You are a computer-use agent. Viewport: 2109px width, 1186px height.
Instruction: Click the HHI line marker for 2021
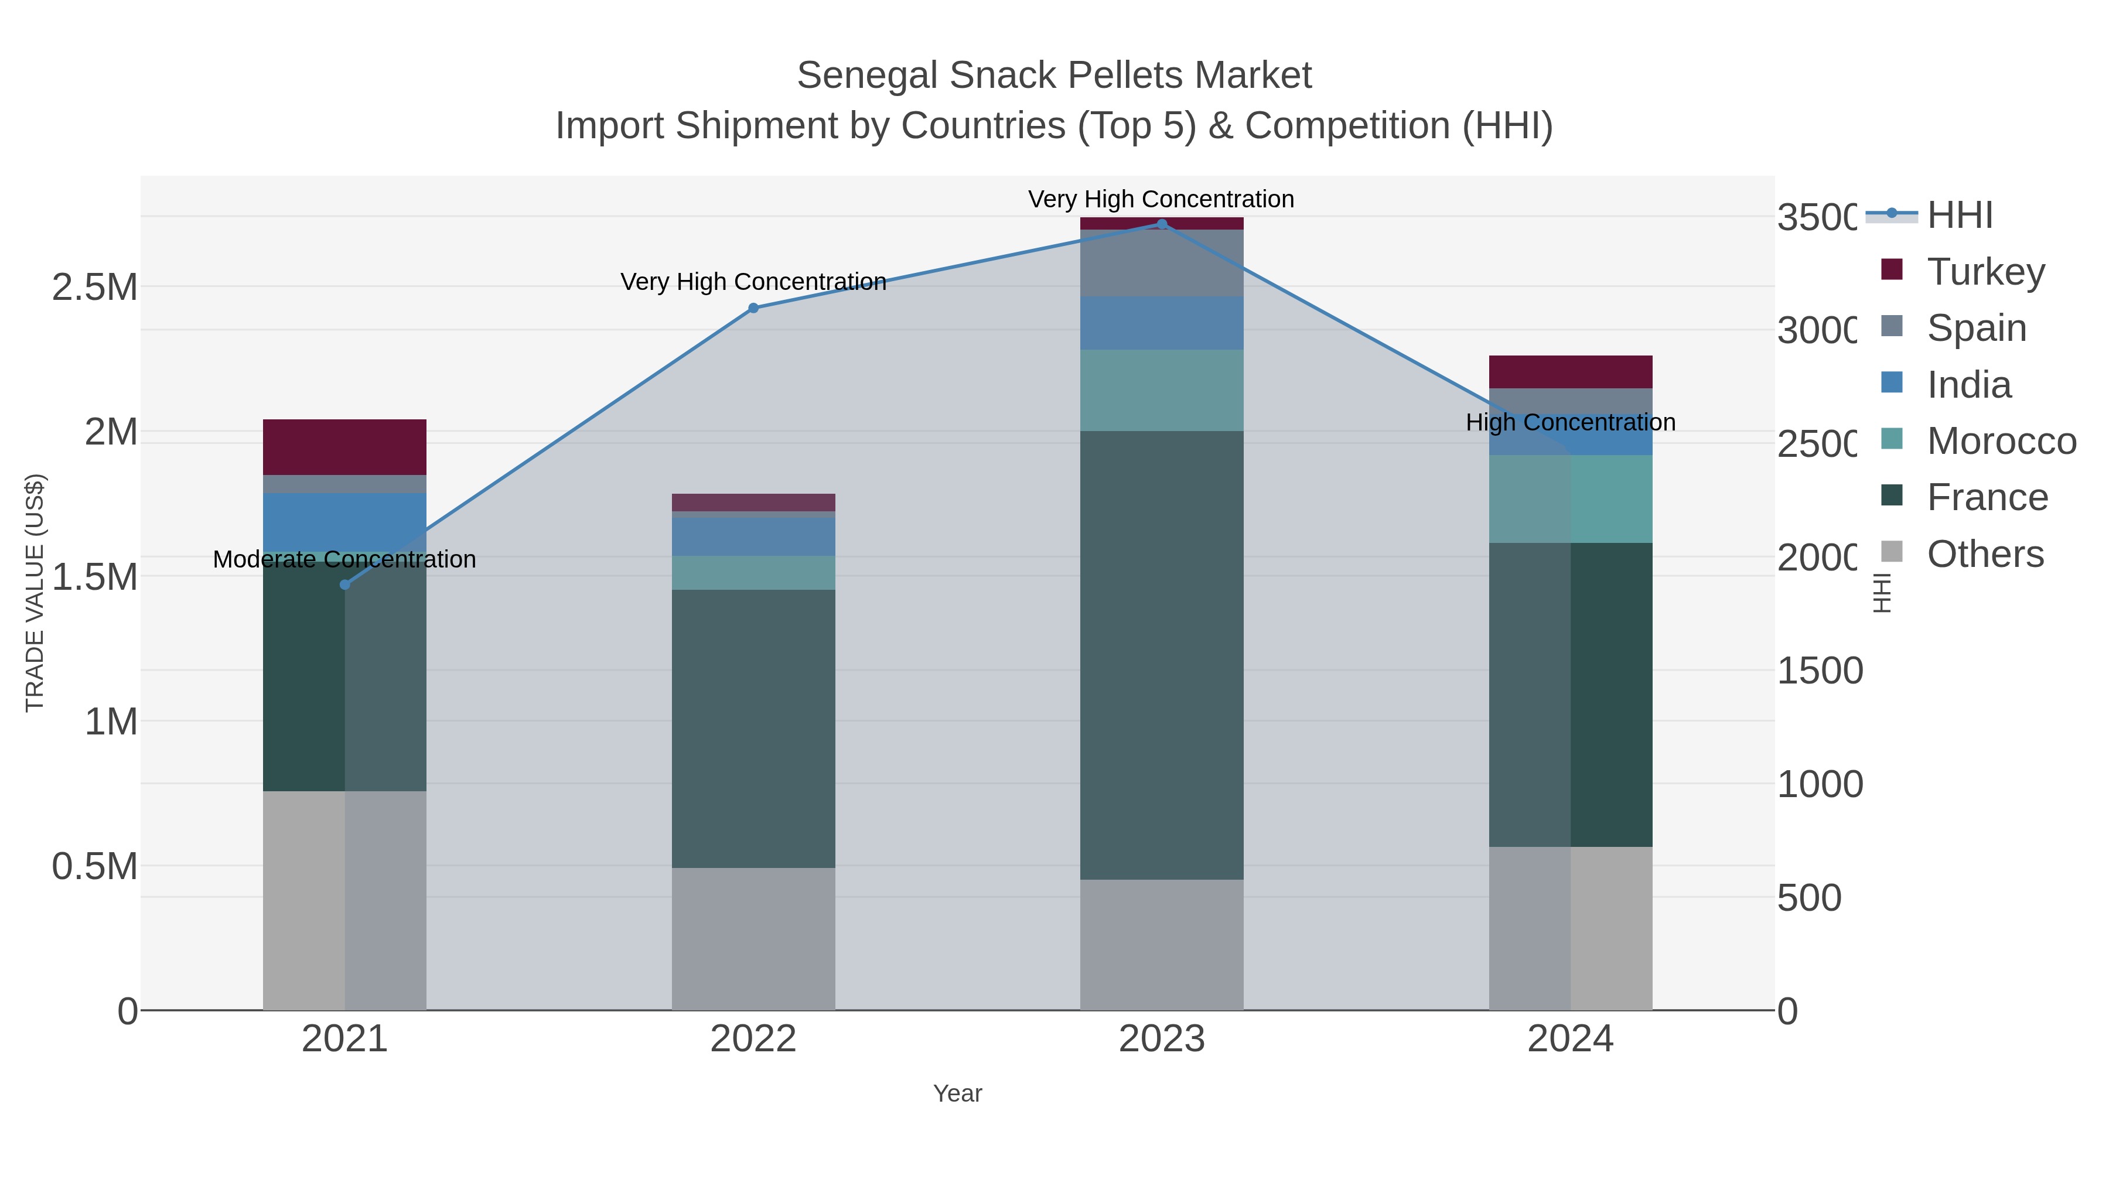point(344,585)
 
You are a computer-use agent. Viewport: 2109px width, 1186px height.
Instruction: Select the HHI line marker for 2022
point(753,307)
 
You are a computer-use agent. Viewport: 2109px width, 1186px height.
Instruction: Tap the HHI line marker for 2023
point(1162,224)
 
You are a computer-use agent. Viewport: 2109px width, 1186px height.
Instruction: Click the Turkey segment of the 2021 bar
point(344,447)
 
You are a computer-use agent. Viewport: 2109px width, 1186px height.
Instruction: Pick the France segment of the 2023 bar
point(1162,655)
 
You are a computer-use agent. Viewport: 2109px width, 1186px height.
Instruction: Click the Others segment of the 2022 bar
point(753,938)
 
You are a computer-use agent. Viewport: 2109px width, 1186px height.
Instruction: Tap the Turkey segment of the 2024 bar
point(1570,371)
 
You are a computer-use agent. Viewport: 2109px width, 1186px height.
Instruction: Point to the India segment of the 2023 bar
point(1162,323)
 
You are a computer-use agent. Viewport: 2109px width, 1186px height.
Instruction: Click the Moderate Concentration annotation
point(344,559)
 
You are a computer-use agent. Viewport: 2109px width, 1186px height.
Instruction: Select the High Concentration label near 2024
point(1570,422)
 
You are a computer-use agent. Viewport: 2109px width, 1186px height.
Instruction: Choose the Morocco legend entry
point(2001,441)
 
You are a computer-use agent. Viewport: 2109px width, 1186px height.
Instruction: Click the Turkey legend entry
point(1985,272)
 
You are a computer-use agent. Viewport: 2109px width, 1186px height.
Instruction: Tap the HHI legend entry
point(1959,216)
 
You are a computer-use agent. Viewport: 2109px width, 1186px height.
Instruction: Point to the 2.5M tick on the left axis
point(94,288)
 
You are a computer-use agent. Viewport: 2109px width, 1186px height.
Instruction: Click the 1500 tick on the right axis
point(1819,671)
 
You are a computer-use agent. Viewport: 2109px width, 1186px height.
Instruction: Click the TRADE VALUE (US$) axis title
point(35,593)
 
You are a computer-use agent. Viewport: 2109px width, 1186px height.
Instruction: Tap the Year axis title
point(957,1093)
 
